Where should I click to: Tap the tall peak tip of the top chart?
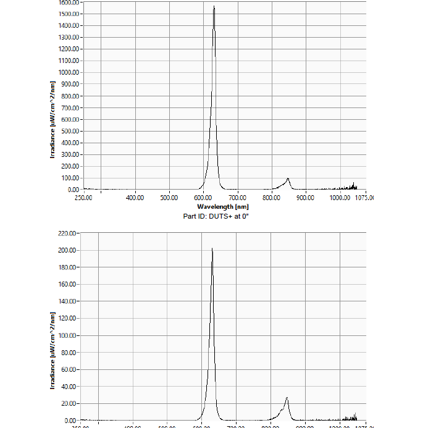[x=214, y=7]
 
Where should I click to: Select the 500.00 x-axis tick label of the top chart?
[x=169, y=198]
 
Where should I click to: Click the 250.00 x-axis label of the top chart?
[x=83, y=198]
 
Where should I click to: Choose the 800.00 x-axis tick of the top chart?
[x=272, y=198]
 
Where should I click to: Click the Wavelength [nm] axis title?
[x=223, y=206]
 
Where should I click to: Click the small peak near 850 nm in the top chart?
[x=288, y=179]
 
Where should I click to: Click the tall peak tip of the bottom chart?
[x=212, y=249]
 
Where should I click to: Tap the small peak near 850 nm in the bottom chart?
[x=287, y=398]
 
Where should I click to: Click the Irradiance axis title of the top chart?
[x=53, y=119]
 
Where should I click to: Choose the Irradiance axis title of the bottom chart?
[x=53, y=350]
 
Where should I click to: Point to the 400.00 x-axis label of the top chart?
[x=135, y=198]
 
